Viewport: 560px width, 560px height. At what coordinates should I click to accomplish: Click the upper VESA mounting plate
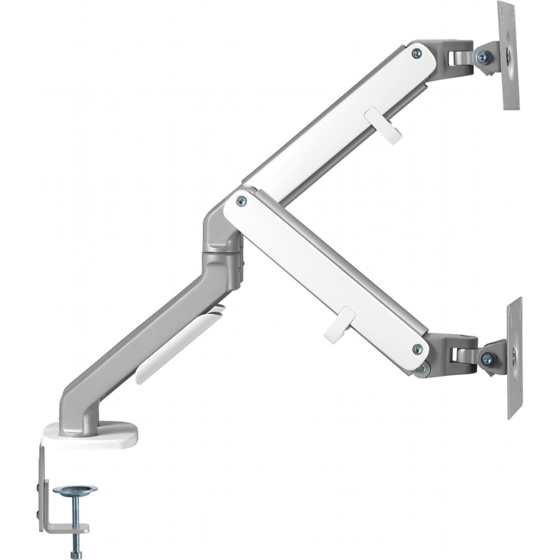pyautogui.click(x=508, y=56)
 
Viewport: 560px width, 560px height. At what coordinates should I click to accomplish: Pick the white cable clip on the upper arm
pyautogui.click(x=383, y=126)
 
